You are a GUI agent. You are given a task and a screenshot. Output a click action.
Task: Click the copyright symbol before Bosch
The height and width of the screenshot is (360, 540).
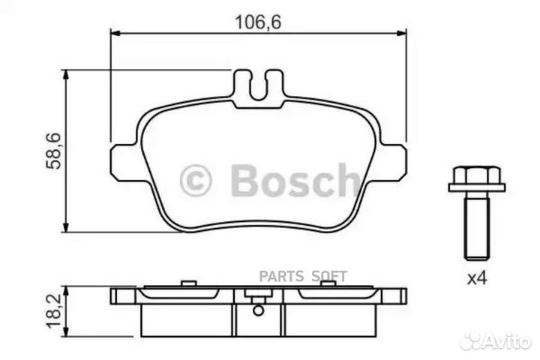click(196, 181)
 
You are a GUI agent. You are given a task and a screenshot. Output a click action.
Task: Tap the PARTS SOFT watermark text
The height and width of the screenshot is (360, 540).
click(303, 277)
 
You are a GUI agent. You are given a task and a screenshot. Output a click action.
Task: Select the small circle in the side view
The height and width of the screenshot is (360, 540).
click(258, 310)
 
